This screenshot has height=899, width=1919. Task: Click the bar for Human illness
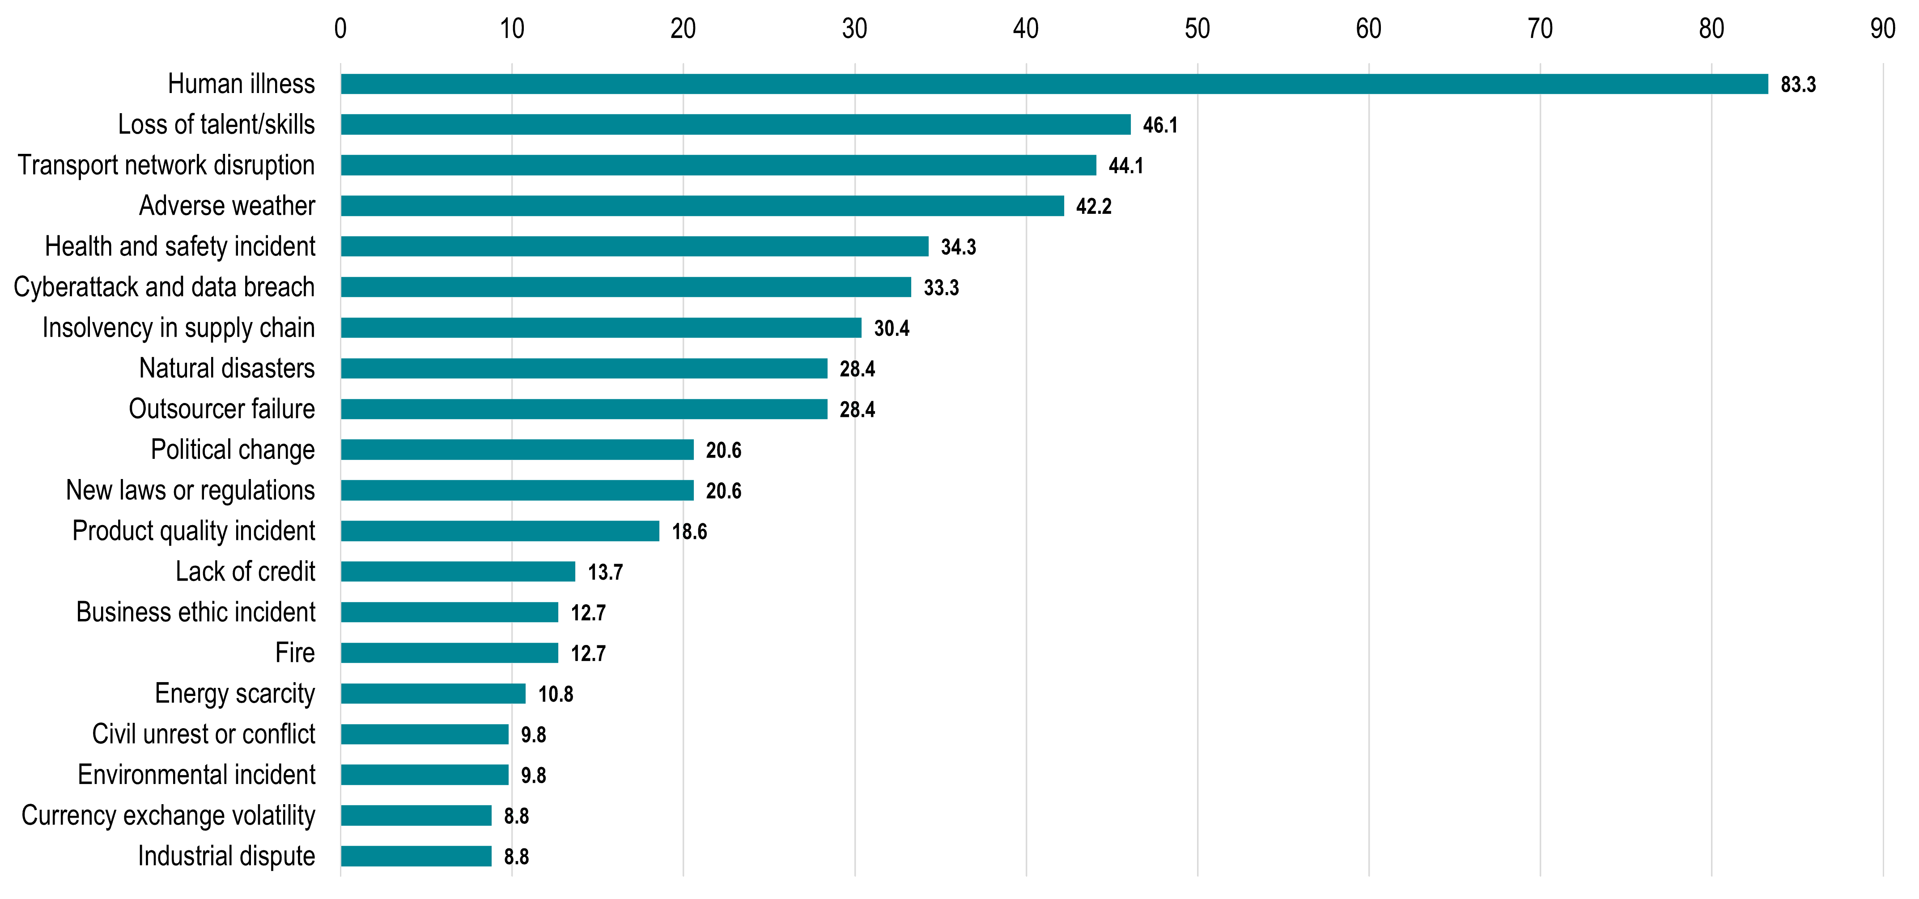click(1054, 84)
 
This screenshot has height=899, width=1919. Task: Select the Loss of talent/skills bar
click(735, 124)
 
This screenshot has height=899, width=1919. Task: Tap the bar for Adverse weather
click(702, 206)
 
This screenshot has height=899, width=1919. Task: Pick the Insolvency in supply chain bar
click(601, 328)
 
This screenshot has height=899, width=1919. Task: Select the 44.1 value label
click(1125, 165)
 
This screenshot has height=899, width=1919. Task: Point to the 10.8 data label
click(555, 694)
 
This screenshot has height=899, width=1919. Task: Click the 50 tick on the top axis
click(1197, 29)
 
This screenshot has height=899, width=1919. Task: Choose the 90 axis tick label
click(1882, 29)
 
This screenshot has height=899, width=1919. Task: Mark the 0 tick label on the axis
click(340, 29)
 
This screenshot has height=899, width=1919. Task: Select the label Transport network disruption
click(166, 165)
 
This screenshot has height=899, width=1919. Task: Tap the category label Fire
click(295, 653)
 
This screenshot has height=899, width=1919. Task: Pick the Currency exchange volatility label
click(168, 815)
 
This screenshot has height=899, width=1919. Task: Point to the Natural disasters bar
click(584, 368)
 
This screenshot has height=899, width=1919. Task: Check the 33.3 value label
click(941, 288)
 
